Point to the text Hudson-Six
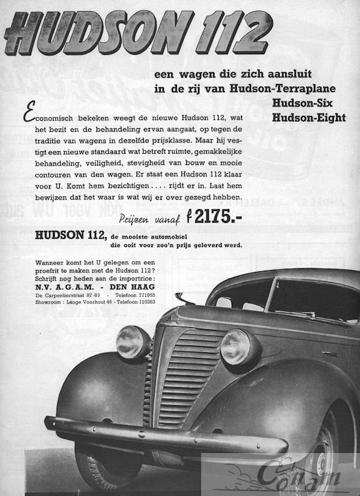pos(310,103)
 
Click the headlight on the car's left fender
pos(133,342)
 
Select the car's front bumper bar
pos(162,436)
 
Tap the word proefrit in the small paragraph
pos(36,271)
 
